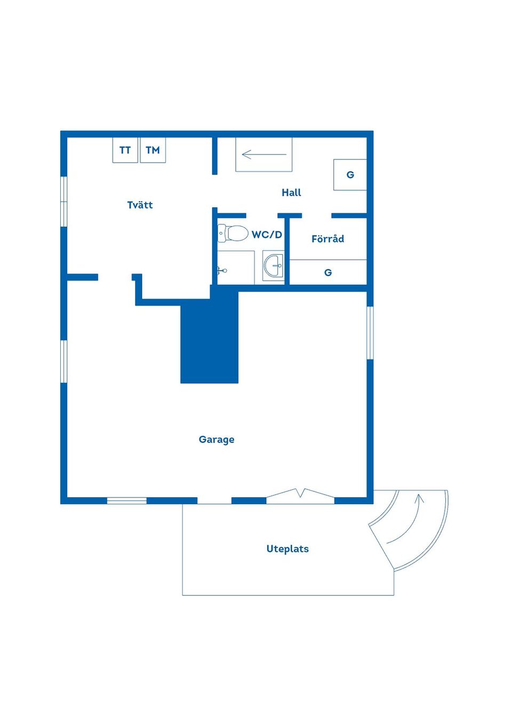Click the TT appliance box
(125, 150)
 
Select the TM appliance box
(153, 150)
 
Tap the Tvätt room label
(140, 205)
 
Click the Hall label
(291, 192)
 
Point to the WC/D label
(267, 235)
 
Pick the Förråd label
(328, 238)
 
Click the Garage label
(217, 439)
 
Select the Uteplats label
(287, 549)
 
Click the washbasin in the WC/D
(274, 266)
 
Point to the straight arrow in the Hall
(264, 155)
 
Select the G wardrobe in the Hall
(350, 174)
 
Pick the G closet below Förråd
(328, 272)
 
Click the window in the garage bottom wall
(127, 501)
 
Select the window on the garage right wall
(370, 333)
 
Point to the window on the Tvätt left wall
(63, 202)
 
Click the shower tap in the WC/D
(222, 270)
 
